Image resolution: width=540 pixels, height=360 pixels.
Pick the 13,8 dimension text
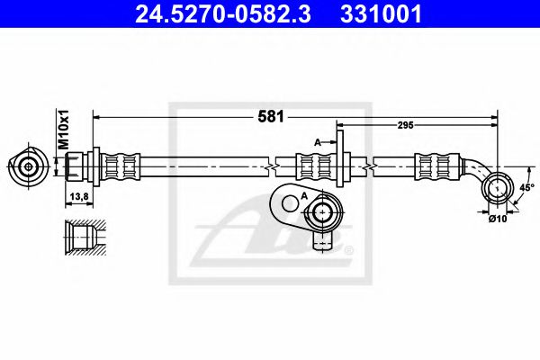(x=78, y=195)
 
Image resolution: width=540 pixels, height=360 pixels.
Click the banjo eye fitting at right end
(x=496, y=187)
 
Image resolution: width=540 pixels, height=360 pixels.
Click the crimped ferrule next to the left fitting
(x=121, y=166)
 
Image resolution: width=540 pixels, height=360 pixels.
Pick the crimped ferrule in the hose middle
(x=315, y=166)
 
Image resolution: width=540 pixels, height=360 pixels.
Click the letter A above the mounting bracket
(x=316, y=141)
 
